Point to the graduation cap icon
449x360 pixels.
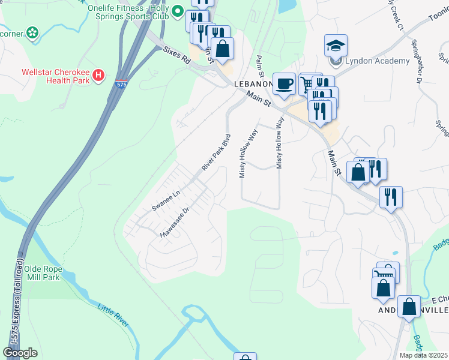pos(336,45)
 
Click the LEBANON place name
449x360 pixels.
pos(252,84)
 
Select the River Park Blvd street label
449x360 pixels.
pos(217,152)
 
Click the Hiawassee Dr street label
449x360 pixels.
pos(175,223)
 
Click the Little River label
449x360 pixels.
pos(113,315)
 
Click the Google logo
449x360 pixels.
pos(20,353)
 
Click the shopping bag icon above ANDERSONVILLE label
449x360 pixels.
pos(409,307)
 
